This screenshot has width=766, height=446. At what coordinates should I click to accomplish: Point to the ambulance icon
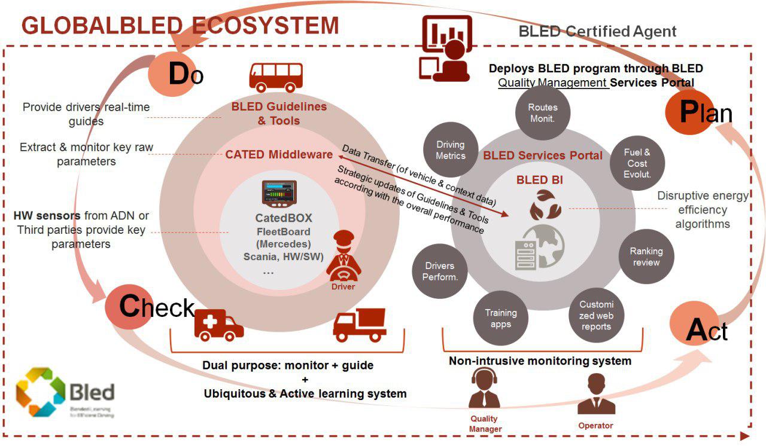click(x=219, y=325)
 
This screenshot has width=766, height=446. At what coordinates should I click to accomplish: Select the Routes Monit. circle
click(x=542, y=112)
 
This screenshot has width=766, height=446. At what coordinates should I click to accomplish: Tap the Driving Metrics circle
click(x=451, y=150)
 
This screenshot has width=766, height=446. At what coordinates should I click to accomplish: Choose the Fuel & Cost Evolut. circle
click(x=637, y=163)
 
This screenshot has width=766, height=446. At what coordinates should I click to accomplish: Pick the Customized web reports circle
click(x=596, y=314)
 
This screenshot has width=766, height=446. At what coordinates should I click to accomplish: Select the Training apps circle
click(x=501, y=317)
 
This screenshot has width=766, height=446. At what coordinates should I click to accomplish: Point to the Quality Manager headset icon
click(x=484, y=389)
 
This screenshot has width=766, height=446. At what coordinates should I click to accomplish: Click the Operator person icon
click(x=595, y=395)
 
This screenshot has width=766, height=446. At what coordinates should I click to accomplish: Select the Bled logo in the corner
click(x=65, y=393)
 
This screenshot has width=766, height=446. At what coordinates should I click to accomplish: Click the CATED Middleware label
click(x=279, y=154)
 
